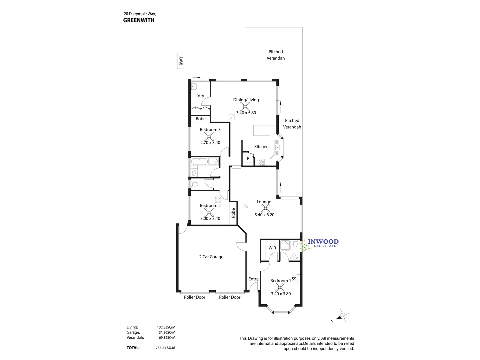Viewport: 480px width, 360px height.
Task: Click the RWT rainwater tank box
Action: pos(181,61)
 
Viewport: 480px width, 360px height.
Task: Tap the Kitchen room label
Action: pos(261,147)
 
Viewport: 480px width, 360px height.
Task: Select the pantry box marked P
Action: pos(248,159)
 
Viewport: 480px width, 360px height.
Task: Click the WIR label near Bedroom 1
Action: pos(272,248)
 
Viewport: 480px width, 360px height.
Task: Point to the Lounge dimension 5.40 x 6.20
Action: pos(264,215)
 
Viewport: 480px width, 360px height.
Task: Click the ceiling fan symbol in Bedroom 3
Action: pos(209,136)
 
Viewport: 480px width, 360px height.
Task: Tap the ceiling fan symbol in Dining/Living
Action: pos(245,106)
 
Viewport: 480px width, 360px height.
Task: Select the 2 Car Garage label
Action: pos(211,257)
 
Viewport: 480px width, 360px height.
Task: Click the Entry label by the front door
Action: pos(253,279)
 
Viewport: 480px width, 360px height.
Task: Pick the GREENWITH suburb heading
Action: pos(139,20)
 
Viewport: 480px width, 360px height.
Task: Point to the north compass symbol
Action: pos(343,316)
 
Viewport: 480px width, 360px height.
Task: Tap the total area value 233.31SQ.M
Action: pos(165,348)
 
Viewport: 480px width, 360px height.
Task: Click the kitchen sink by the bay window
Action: pos(277,147)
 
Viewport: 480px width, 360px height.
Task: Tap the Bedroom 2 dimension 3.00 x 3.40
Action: pos(210,219)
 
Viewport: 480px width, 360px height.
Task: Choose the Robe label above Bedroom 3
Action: pos(201,119)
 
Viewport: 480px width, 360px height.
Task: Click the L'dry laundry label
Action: pos(200,96)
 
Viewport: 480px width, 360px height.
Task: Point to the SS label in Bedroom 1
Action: pos(294,279)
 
